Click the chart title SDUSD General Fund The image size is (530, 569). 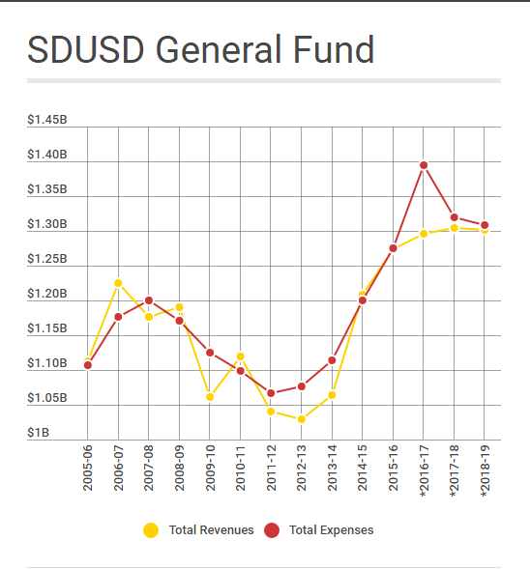200,49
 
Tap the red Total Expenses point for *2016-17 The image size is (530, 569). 424,165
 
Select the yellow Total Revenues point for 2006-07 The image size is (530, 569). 118,283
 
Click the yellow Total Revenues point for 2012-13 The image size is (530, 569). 302,419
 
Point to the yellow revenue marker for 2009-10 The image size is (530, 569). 210,397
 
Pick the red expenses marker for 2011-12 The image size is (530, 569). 271,393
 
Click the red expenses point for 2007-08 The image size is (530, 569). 149,300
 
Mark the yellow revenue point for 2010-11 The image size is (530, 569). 241,356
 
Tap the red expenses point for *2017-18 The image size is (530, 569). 455,217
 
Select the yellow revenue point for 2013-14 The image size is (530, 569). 332,394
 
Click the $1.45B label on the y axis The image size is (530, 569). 47,120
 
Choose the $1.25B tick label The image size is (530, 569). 47,259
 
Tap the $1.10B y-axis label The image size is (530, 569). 47,363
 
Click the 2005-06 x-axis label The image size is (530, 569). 88,469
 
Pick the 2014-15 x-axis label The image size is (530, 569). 363,469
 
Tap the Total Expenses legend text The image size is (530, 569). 331,529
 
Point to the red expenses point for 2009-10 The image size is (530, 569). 210,353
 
